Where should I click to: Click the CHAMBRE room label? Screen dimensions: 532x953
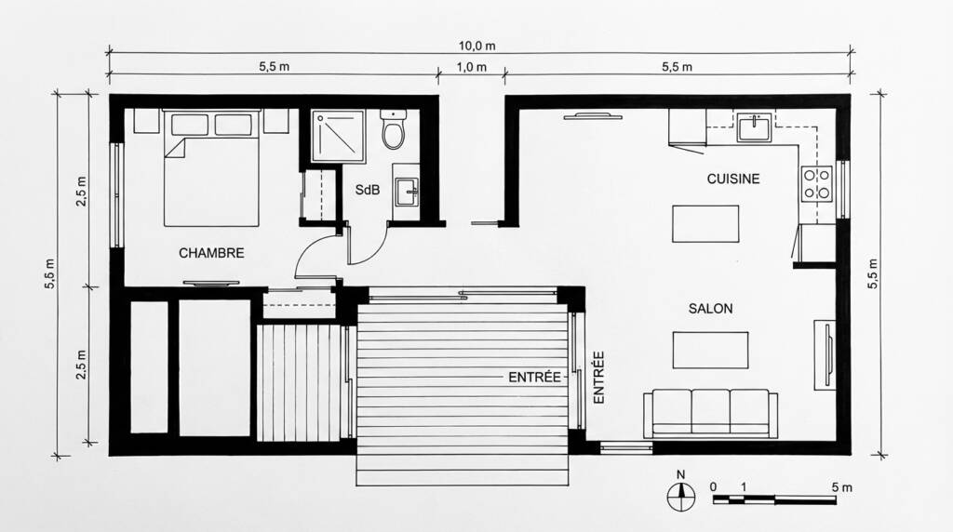point(211,253)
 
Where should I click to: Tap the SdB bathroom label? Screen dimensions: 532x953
point(367,190)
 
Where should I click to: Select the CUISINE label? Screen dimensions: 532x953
point(732,179)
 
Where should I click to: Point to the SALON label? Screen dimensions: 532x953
point(711,309)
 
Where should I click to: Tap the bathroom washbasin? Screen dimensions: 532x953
point(406,193)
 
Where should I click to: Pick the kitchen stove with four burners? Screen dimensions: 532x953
point(816,183)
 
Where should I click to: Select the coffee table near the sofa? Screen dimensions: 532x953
point(711,351)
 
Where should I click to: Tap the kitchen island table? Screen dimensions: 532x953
point(706,223)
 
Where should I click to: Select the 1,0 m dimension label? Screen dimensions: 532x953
point(471,67)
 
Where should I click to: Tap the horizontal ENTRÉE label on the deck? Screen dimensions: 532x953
point(534,378)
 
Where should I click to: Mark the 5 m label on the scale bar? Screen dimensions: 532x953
point(840,486)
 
